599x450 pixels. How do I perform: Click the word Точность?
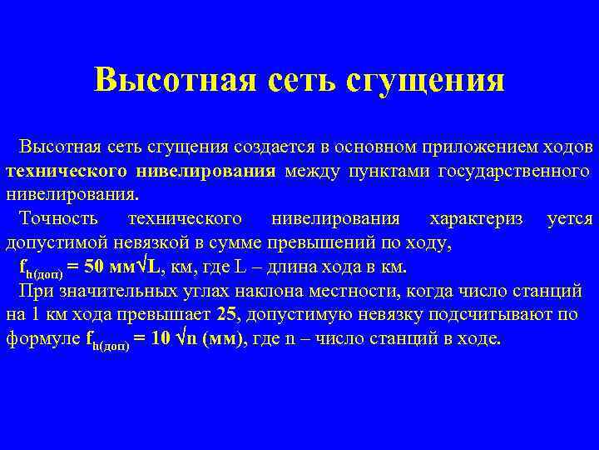[x=58, y=219]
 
